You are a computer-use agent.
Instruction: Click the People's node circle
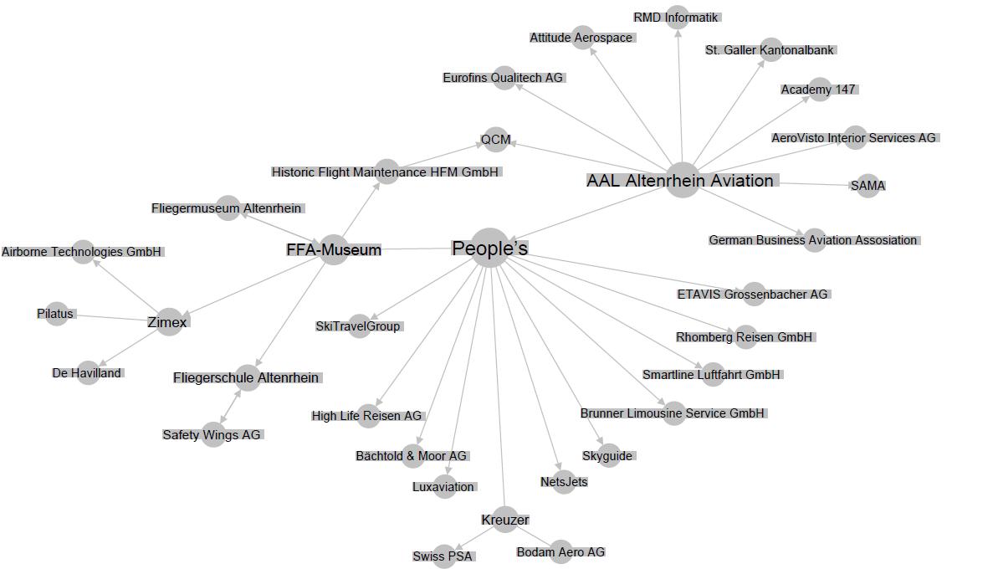click(x=490, y=248)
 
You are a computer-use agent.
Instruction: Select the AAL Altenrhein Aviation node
click(x=683, y=180)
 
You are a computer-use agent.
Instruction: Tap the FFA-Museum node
click(x=334, y=249)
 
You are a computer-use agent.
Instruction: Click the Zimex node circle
click(x=168, y=321)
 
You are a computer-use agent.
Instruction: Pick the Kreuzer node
click(x=505, y=520)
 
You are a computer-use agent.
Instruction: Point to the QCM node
click(x=496, y=139)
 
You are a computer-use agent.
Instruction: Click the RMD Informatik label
click(x=676, y=18)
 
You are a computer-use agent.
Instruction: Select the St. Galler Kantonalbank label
click(x=770, y=50)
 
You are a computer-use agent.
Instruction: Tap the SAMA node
click(x=867, y=185)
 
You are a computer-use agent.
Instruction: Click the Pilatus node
click(x=56, y=314)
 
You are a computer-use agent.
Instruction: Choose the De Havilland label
click(x=87, y=373)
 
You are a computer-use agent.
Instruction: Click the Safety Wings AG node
click(x=212, y=434)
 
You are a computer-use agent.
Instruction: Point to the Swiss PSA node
click(x=443, y=556)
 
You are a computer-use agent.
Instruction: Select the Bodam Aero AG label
click(x=560, y=552)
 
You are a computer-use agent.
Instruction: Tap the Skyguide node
click(x=608, y=456)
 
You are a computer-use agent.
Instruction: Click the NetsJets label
click(x=564, y=482)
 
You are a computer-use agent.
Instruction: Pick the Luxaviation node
click(x=443, y=487)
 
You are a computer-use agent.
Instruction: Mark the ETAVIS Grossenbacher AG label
click(x=752, y=295)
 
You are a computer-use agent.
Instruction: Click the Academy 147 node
click(x=819, y=90)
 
